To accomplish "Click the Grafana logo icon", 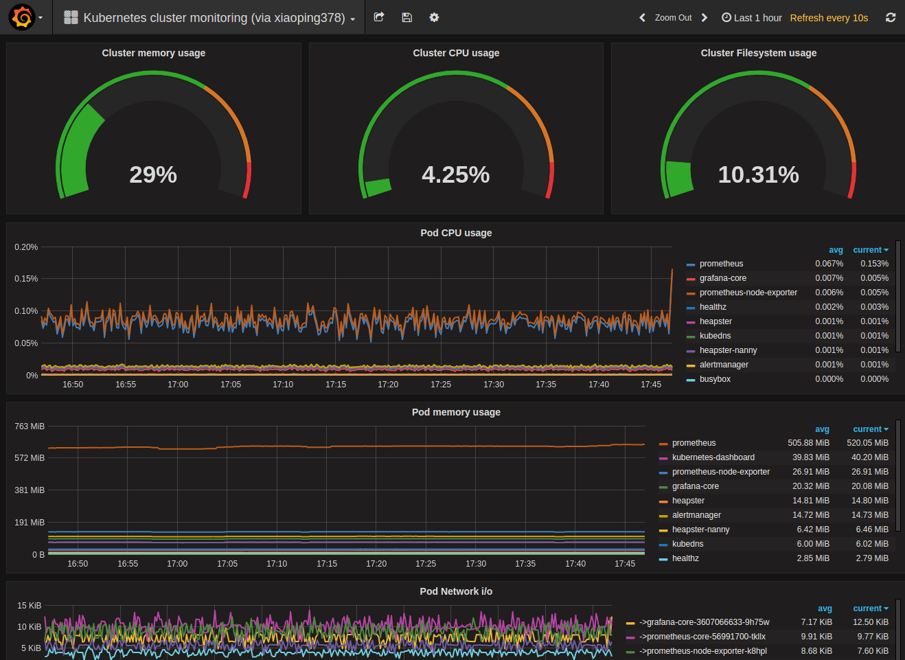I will pyautogui.click(x=22, y=17).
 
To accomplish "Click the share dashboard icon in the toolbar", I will pyautogui.click(x=379, y=17).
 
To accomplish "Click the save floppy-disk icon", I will pyautogui.click(x=406, y=17).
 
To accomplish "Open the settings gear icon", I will pyautogui.click(x=434, y=17).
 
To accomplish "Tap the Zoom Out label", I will pyautogui.click(x=673, y=18).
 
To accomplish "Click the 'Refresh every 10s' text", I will pyautogui.click(x=829, y=18).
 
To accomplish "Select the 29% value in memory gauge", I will pyautogui.click(x=153, y=174).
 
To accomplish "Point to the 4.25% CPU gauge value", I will pyautogui.click(x=456, y=174).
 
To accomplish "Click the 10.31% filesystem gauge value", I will pyautogui.click(x=758, y=174).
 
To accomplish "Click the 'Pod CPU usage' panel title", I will pyautogui.click(x=456, y=233).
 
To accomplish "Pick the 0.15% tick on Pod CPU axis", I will pyautogui.click(x=26, y=279).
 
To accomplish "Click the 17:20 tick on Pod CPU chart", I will pyautogui.click(x=388, y=385).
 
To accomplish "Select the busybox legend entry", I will pyautogui.click(x=715, y=379).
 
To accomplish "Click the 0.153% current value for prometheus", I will pyautogui.click(x=874, y=264).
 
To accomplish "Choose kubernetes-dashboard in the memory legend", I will pyautogui.click(x=713, y=457).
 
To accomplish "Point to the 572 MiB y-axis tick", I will pyautogui.click(x=30, y=458).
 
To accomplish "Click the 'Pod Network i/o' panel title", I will pyautogui.click(x=456, y=591).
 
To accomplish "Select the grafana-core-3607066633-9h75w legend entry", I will pyautogui.click(x=707, y=622).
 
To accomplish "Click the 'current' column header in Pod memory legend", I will pyautogui.click(x=867, y=429).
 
